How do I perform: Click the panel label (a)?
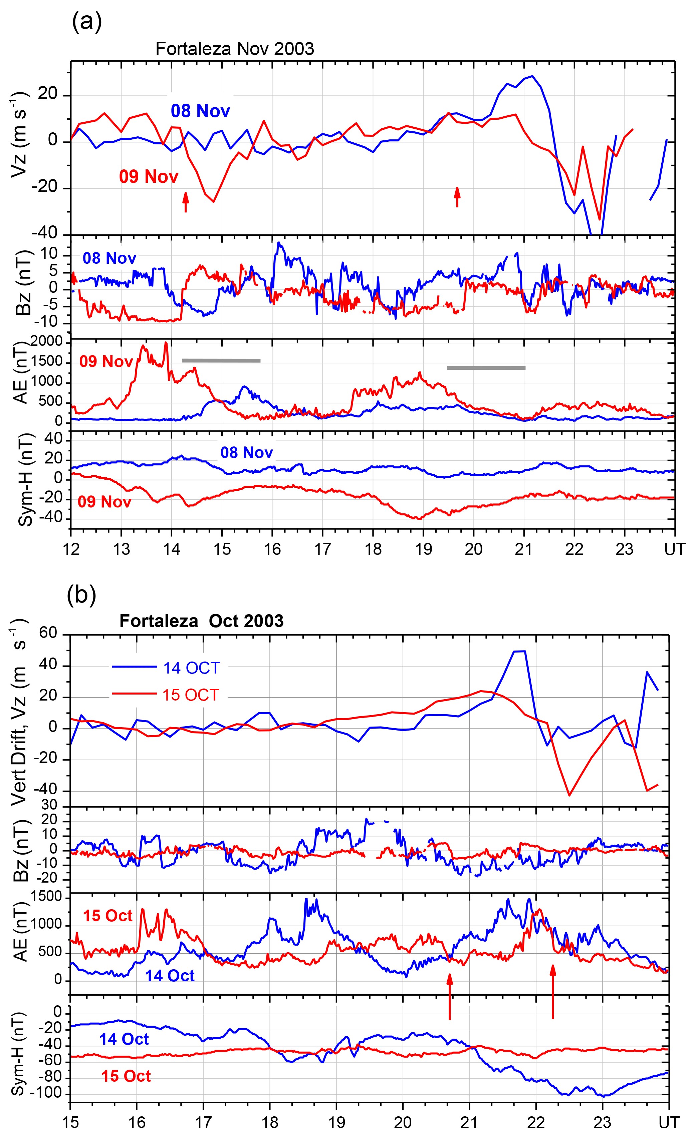[x=86, y=22]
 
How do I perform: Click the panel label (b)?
[x=81, y=595]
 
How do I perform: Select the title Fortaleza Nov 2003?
[x=235, y=49]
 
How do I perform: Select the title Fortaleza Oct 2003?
[x=201, y=621]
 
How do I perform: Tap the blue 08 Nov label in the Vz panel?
[x=200, y=111]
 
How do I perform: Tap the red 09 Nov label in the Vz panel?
[x=149, y=177]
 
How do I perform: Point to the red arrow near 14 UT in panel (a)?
[x=186, y=202]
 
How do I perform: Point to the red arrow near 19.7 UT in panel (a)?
[x=457, y=197]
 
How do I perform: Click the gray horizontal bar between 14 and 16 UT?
[x=221, y=360]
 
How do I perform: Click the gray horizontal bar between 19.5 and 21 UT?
[x=486, y=368]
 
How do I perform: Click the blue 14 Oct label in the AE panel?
[x=170, y=975]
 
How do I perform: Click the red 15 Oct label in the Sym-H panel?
[x=126, y=1076]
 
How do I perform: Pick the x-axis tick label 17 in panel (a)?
[x=322, y=549]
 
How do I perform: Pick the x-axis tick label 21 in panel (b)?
[x=469, y=1122]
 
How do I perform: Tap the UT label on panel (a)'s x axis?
[x=674, y=549]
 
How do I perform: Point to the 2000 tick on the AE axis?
[x=46, y=342]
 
